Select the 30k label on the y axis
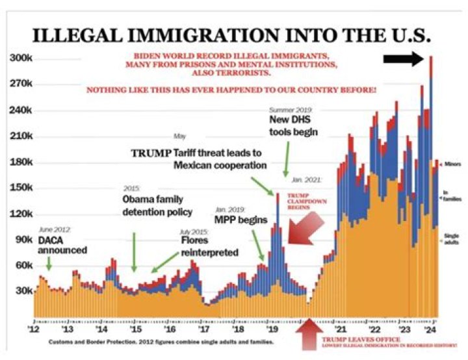23,290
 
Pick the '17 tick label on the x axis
202,329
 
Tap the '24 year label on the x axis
430,329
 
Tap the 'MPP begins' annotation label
240,220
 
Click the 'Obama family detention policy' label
157,205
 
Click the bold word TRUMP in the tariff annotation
151,153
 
